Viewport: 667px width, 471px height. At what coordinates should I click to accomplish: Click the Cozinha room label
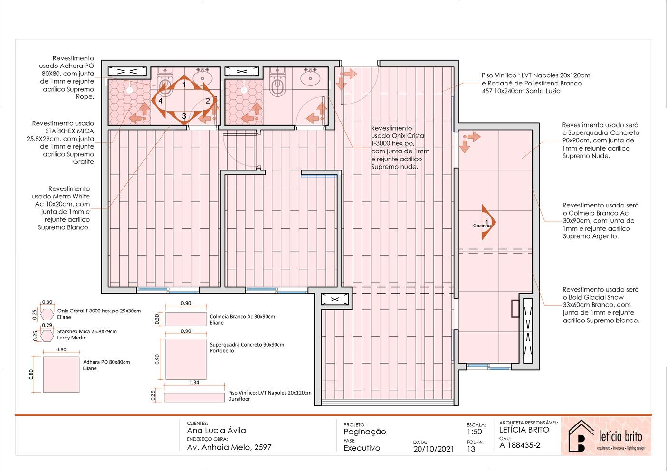[x=482, y=226]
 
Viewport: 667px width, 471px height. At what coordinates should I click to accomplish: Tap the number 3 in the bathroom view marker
[x=184, y=116]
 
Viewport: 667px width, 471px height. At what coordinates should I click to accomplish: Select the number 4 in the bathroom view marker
[x=161, y=101]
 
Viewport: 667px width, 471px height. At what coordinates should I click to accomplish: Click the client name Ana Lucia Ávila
[x=216, y=430]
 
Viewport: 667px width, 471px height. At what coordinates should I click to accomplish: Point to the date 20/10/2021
[x=434, y=449]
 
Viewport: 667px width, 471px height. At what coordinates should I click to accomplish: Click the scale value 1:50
[x=474, y=432]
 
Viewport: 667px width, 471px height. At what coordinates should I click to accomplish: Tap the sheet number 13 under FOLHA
[x=471, y=449]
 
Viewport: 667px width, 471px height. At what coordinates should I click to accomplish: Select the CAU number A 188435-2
[x=520, y=445]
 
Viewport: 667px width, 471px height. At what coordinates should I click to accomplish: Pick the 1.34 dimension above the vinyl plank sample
[x=194, y=382]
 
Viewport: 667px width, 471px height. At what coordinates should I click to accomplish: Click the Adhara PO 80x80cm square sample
[x=61, y=375]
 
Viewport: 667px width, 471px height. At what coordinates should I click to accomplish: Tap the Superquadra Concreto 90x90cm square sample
[x=186, y=359]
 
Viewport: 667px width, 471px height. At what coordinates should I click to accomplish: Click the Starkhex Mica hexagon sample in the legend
[x=47, y=336]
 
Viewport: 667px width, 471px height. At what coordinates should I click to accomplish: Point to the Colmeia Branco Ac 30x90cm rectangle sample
[x=186, y=319]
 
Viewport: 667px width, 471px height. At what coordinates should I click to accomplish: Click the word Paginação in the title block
[x=365, y=432]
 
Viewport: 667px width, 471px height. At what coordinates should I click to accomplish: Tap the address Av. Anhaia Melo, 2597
[x=229, y=447]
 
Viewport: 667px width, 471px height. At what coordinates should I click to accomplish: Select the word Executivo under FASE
[x=362, y=448]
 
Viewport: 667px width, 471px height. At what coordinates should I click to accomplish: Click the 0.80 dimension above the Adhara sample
[x=61, y=349]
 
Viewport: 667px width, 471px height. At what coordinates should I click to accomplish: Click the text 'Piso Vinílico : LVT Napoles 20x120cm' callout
[x=536, y=75]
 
